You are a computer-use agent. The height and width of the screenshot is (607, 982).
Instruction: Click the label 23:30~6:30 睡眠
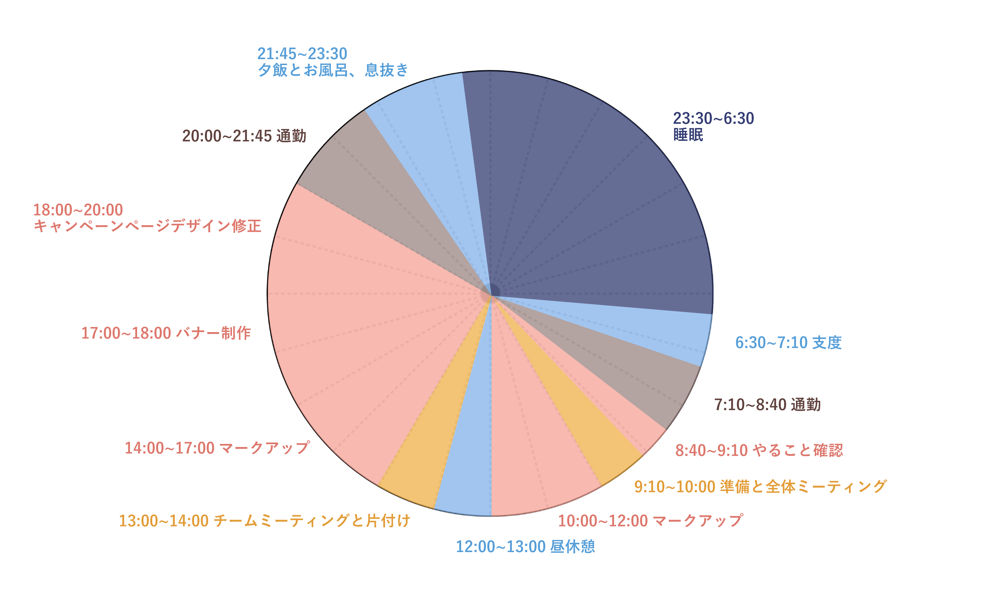[x=713, y=126]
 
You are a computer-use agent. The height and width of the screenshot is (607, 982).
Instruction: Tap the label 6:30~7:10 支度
[x=788, y=343]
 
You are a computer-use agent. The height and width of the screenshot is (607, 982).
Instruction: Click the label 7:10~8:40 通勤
[x=767, y=405]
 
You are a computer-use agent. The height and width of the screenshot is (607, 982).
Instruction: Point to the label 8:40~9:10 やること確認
[x=759, y=450]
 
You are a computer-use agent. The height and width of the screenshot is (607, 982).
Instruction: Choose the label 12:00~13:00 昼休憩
[x=525, y=547]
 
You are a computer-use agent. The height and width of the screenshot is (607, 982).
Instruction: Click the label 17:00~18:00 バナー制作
[x=166, y=333]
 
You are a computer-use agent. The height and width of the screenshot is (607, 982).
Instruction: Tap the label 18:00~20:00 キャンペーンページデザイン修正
[x=147, y=218]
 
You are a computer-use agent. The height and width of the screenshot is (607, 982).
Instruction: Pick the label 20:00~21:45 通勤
[x=244, y=136]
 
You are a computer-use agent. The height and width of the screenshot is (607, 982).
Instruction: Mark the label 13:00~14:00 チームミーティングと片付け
[x=265, y=521]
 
